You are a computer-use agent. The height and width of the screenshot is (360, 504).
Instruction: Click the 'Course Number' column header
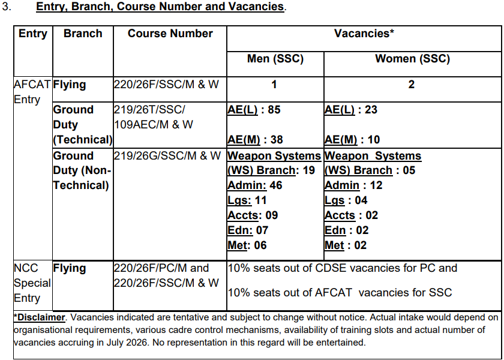(170, 34)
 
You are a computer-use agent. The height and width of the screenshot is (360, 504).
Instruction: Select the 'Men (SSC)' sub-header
(275, 59)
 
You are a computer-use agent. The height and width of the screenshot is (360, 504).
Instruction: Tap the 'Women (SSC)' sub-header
(412, 59)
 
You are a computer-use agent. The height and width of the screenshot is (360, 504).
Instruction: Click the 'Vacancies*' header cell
(364, 34)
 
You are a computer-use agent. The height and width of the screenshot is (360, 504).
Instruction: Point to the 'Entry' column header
(33, 34)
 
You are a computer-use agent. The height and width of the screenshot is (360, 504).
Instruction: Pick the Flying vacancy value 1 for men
(274, 85)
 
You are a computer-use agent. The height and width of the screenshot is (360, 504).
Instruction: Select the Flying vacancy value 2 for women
(412, 85)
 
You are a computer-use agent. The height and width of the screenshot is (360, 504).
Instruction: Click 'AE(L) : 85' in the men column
(254, 110)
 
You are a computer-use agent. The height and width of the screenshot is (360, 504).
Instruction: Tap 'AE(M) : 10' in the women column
(352, 140)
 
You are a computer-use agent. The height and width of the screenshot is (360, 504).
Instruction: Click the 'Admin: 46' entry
(255, 185)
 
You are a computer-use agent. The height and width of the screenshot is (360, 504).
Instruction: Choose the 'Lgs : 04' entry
(346, 200)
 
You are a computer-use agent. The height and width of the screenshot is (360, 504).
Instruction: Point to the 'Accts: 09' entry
(253, 215)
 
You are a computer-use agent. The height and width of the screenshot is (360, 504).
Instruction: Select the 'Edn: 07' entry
(248, 230)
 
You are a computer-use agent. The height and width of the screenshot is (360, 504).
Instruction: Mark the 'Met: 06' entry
(247, 245)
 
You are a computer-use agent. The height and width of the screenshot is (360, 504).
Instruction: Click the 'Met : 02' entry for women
(345, 245)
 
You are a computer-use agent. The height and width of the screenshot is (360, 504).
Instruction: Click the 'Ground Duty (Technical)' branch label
(82, 125)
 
